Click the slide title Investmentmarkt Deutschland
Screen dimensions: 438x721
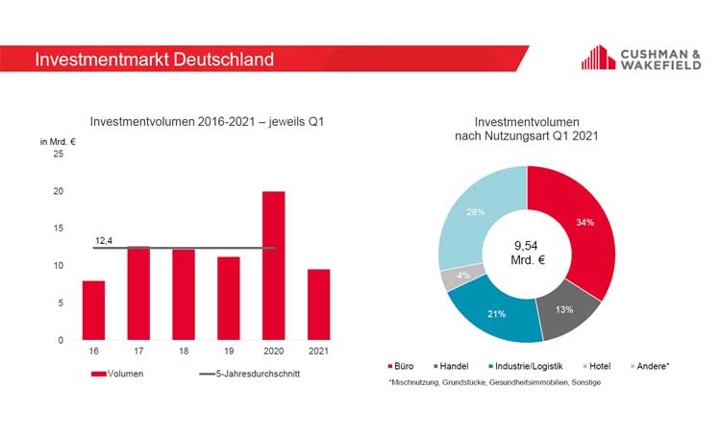tap(154, 60)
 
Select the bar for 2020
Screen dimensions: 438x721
tap(273, 266)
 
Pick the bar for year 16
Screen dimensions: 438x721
tap(93, 310)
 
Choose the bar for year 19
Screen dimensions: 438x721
tap(228, 298)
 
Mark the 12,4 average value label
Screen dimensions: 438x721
tap(104, 240)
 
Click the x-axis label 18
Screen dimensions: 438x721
tap(184, 352)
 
